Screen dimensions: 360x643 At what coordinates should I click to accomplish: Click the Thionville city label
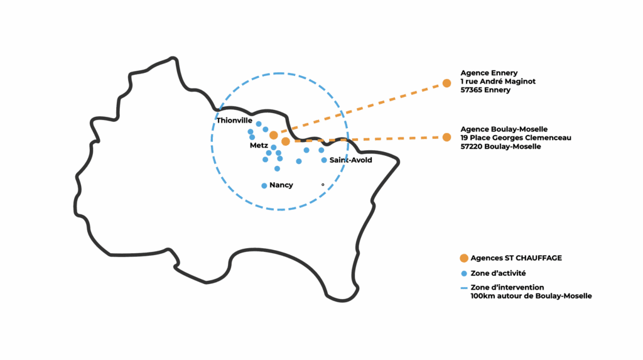click(x=234, y=120)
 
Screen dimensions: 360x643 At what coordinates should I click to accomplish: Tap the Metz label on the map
click(x=259, y=145)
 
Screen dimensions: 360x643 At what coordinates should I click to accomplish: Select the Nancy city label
click(x=281, y=185)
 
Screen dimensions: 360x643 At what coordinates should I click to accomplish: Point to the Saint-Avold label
click(x=350, y=160)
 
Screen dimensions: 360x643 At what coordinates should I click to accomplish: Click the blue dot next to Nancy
click(x=264, y=185)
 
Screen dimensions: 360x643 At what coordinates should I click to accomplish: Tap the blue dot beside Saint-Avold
click(x=324, y=160)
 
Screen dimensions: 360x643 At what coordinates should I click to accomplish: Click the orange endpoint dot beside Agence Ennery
click(x=446, y=83)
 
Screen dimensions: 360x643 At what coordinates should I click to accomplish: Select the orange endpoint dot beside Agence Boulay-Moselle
click(x=446, y=137)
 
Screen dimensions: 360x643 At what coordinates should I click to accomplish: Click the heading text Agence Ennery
click(x=489, y=73)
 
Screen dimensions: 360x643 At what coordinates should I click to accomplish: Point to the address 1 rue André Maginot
click(x=498, y=82)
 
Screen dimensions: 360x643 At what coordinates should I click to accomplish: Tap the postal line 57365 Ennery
click(x=485, y=90)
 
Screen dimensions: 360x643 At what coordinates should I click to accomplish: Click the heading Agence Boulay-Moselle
click(x=504, y=129)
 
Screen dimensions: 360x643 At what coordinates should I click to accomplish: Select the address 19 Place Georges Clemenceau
click(x=516, y=138)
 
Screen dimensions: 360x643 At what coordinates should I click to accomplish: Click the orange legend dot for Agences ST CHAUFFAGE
click(x=463, y=258)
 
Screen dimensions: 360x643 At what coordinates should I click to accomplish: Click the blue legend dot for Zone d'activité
click(x=463, y=273)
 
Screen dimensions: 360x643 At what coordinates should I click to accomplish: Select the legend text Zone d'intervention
click(x=507, y=287)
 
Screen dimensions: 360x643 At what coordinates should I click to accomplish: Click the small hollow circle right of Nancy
click(x=323, y=185)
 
